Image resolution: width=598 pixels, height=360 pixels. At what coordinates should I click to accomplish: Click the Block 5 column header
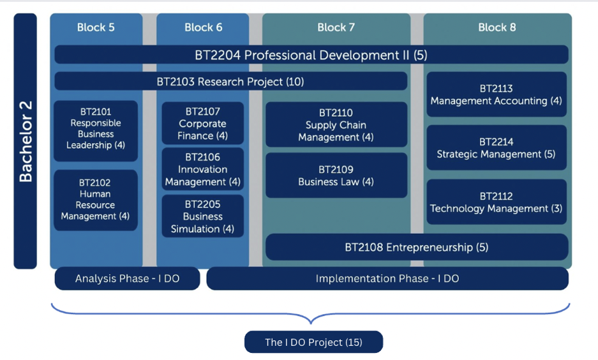[96, 27]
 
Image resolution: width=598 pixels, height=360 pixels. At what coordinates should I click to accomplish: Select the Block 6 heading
[204, 27]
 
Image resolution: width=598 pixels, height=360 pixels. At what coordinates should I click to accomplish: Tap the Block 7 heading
[336, 27]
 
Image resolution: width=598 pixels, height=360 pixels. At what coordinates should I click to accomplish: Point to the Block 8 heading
[497, 27]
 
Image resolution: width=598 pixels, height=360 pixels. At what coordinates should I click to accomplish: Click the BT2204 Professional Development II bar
[311, 55]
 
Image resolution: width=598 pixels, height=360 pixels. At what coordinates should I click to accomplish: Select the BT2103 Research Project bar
[231, 81]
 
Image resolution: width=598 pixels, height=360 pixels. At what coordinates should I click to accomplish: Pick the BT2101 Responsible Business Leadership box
[96, 131]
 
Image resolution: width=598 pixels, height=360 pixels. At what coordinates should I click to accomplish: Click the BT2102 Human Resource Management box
[96, 200]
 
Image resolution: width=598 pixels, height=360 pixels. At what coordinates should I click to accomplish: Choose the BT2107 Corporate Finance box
[203, 123]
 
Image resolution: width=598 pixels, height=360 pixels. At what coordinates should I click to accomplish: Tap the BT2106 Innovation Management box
[203, 169]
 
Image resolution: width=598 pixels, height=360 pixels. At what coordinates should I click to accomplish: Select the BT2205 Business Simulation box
[203, 216]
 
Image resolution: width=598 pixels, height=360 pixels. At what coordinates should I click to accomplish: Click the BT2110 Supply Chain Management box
[336, 124]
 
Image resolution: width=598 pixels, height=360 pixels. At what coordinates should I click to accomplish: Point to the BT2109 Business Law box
[336, 176]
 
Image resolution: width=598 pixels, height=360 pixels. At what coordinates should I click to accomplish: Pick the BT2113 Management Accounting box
[497, 94]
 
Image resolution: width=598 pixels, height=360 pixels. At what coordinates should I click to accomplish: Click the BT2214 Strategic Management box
[497, 147]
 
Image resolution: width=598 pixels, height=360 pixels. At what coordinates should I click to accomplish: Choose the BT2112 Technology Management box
[497, 202]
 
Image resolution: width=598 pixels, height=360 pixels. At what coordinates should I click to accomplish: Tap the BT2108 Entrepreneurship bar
[417, 247]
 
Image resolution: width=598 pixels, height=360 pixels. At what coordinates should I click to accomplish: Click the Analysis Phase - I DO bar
[128, 278]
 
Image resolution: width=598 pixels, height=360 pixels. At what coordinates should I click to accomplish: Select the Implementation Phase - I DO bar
[387, 278]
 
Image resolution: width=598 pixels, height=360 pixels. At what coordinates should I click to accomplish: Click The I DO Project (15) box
[313, 342]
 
